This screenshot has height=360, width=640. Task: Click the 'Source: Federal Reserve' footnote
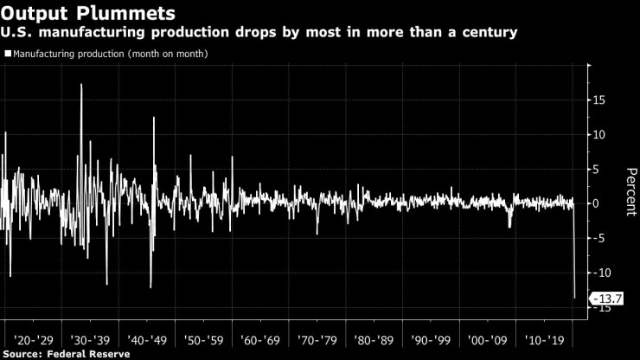coord(66,353)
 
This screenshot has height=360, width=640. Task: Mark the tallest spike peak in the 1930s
coord(81,85)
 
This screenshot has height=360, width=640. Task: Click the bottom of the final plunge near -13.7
coord(574,298)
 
